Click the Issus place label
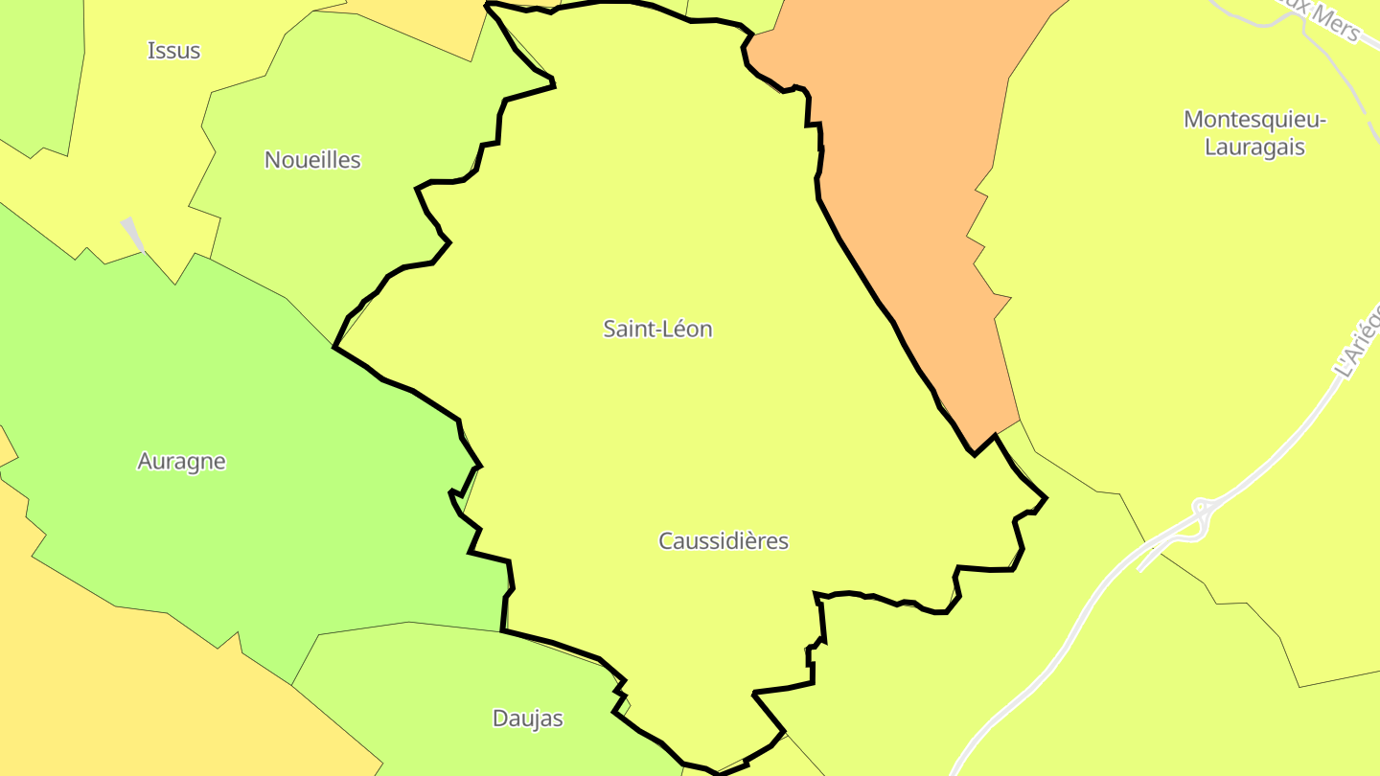[x=173, y=51]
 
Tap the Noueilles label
[x=312, y=160]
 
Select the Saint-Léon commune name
[x=657, y=330]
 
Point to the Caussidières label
[x=724, y=541]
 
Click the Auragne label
[x=181, y=462]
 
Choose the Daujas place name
[x=527, y=719]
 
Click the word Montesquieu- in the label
[x=1254, y=120]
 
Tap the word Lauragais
[x=1254, y=148]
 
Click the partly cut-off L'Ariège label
[x=1358, y=341]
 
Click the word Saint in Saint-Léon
[x=626, y=330]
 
